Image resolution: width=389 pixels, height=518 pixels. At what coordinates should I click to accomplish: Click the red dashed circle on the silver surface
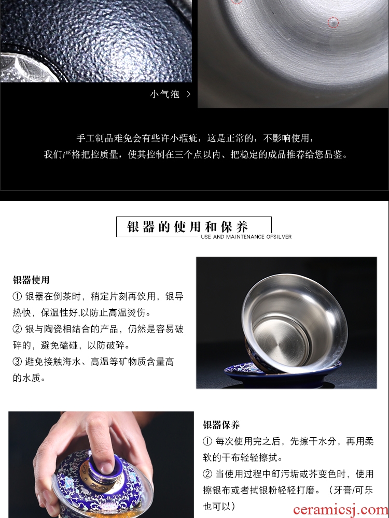[x=333, y=22]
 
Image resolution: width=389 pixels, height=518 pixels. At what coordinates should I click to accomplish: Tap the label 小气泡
[x=165, y=94]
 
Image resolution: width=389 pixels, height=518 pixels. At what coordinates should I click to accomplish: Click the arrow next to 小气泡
[x=189, y=94]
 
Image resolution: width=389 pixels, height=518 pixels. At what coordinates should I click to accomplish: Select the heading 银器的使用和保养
[x=188, y=227]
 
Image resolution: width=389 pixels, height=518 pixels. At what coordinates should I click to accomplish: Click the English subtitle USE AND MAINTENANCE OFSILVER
[x=246, y=237]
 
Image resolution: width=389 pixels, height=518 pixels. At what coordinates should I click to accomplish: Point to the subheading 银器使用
[x=31, y=280]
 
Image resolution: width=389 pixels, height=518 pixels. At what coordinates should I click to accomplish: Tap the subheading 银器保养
[x=221, y=425]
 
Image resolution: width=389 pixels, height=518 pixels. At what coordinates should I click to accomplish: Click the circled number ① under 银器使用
[x=17, y=296]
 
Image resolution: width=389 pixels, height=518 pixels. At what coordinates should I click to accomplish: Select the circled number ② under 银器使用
[x=17, y=329]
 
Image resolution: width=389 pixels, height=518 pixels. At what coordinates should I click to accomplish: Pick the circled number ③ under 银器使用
[x=17, y=362]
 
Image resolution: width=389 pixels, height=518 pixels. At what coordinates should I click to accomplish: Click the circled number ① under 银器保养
[x=207, y=441]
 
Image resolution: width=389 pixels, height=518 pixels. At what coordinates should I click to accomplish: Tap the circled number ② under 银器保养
[x=207, y=474]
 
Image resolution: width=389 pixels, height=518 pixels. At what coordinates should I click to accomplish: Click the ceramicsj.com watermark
[x=341, y=510]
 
